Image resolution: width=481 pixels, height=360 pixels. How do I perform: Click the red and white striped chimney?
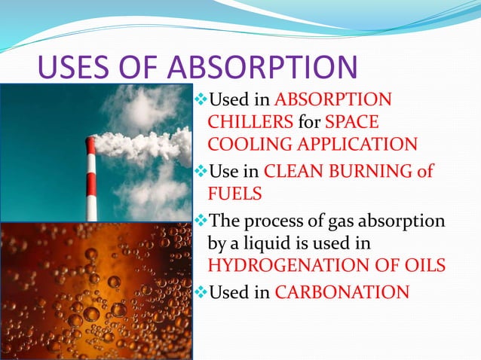click(92, 181)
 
